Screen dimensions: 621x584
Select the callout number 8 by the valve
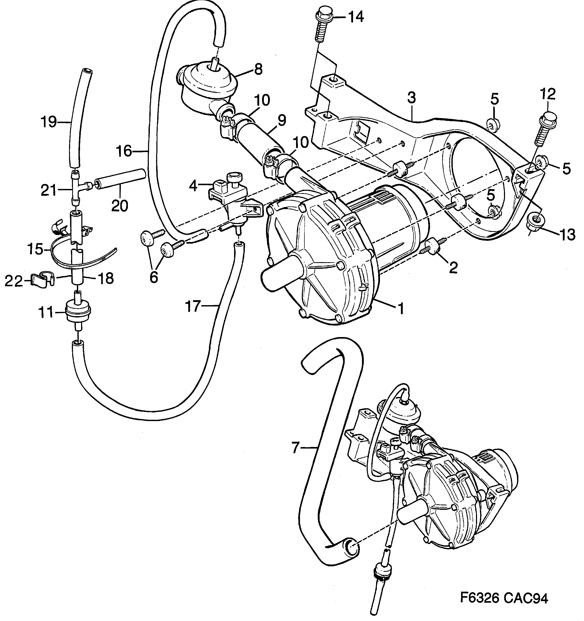click(x=258, y=69)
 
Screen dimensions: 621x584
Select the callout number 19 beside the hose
click(x=49, y=122)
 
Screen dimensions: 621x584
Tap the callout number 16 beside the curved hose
click(x=124, y=151)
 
